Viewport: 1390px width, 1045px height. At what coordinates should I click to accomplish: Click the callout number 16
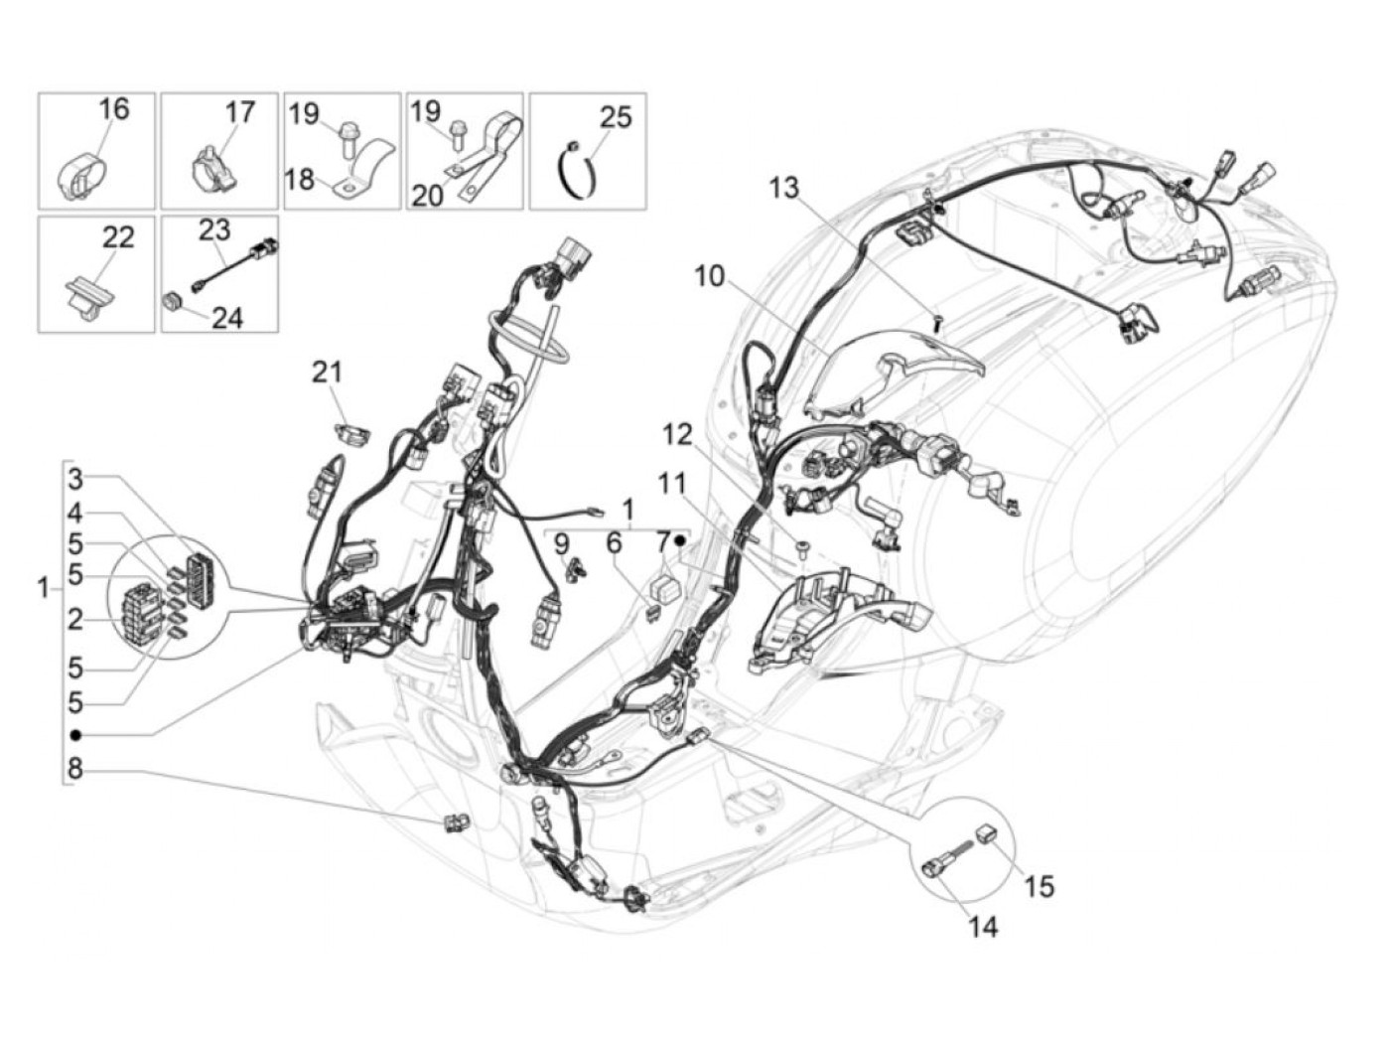(114, 108)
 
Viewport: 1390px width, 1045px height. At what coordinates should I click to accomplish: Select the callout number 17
(239, 112)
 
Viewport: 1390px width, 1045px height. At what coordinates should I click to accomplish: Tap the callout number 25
(616, 117)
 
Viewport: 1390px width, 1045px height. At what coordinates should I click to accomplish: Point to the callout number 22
(118, 237)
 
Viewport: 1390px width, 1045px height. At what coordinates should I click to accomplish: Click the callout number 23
(214, 229)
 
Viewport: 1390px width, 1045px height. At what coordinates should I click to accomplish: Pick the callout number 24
(227, 318)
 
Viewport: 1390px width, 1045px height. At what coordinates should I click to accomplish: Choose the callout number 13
(784, 188)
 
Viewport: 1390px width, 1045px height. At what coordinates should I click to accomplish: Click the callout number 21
(327, 372)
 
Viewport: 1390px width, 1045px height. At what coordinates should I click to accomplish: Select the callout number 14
(983, 929)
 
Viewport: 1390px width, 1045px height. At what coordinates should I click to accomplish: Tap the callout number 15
(1040, 887)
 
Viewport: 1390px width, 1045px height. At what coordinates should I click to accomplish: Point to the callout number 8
(75, 769)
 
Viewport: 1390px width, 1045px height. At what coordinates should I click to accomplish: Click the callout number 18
(299, 180)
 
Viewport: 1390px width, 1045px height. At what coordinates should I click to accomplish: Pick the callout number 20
(427, 196)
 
